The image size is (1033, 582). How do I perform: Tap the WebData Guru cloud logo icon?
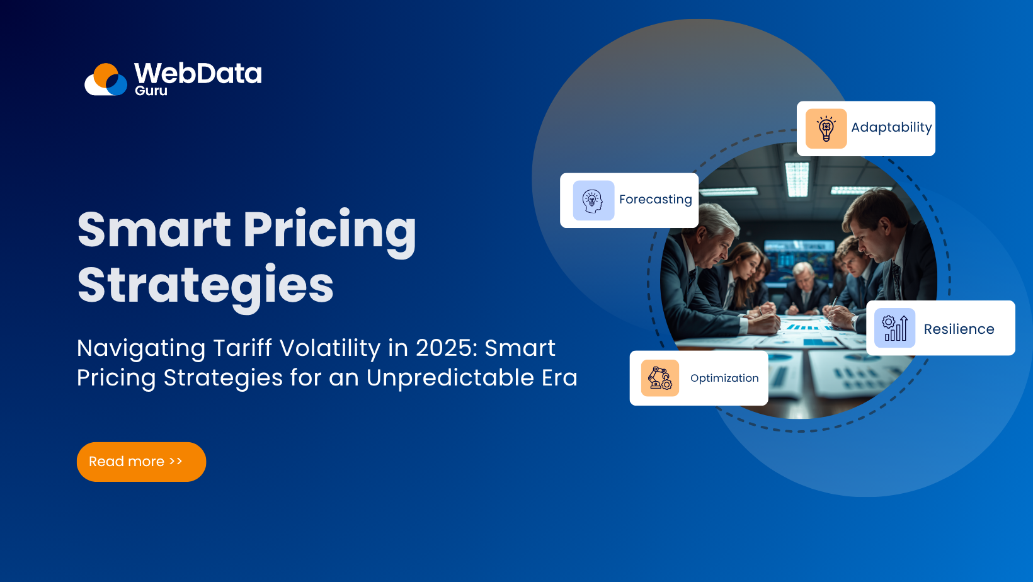[106, 79]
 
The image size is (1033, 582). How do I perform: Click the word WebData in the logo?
[198, 73]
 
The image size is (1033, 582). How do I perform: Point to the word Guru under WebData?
[151, 91]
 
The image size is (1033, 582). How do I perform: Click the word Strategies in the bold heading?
[205, 286]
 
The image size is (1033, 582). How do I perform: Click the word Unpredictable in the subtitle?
[450, 378]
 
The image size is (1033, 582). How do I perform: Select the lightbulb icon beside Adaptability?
[826, 128]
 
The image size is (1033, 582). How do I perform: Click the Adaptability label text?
[891, 127]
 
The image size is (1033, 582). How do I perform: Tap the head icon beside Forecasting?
[593, 200]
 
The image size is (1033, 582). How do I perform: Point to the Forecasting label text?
[655, 200]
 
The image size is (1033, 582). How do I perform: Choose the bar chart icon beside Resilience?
[894, 328]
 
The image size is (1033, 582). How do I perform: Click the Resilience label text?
[959, 329]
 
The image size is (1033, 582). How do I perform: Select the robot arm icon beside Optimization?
[660, 378]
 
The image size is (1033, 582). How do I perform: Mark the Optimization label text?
[724, 378]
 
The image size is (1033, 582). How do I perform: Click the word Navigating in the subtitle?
[141, 348]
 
